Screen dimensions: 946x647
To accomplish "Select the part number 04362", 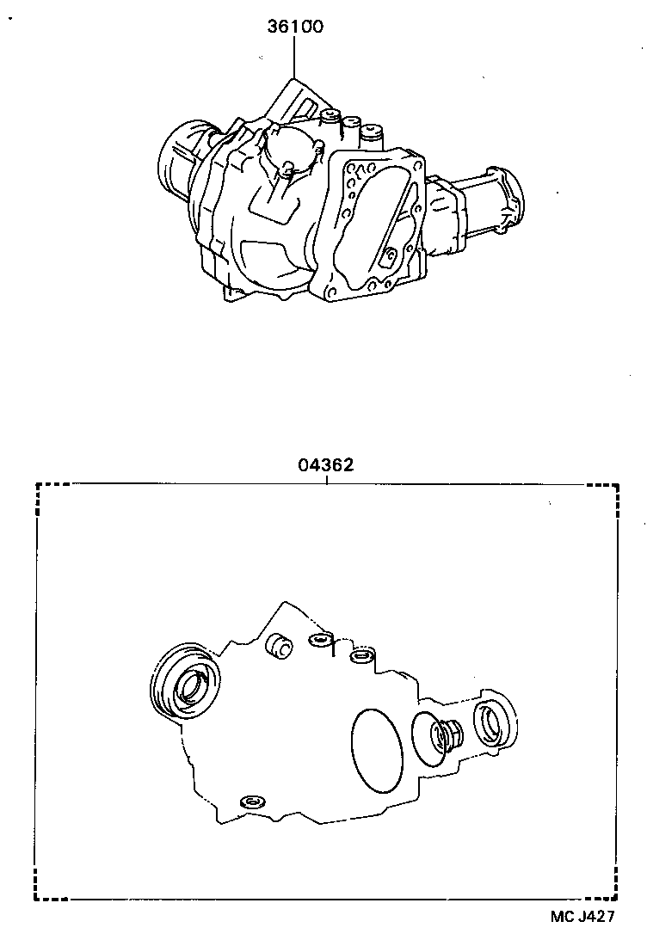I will coord(326,465).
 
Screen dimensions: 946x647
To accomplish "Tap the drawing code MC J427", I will coord(582,917).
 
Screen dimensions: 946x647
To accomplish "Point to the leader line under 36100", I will coord(293,56).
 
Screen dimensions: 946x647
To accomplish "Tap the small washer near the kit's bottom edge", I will coord(252,802).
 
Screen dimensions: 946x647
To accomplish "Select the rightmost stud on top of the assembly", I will coord(372,133).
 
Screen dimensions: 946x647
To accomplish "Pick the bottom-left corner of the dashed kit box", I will coord(37,899).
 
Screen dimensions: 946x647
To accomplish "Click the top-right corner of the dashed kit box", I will coord(616,486).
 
